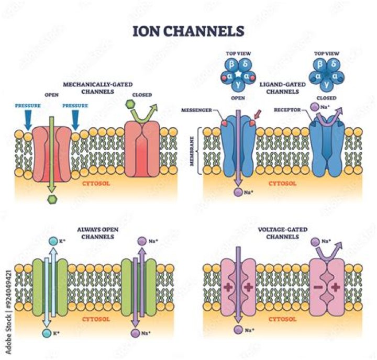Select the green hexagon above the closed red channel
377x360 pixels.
[131, 105]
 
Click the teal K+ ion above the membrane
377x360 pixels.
[52, 241]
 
